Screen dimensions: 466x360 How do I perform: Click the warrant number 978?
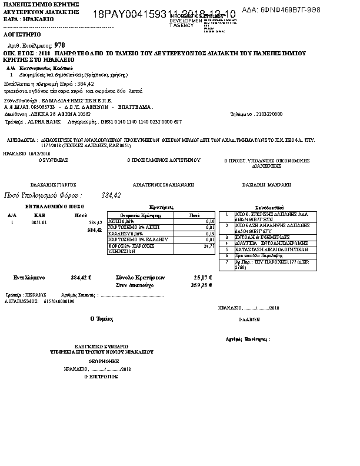pyautogui.click(x=59, y=45)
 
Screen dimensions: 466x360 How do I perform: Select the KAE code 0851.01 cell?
pyautogui.click(x=39, y=223)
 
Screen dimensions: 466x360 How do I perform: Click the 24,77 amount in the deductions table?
pyautogui.click(x=209, y=247)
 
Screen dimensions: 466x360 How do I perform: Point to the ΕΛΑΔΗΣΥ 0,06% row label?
pyautogui.click(x=126, y=234)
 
